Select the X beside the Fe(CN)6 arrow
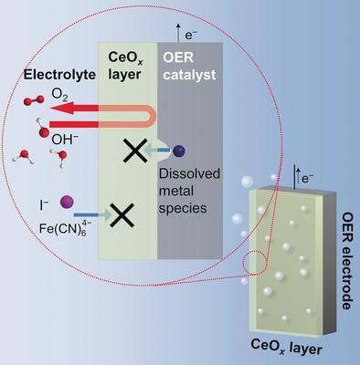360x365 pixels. coord(123,216)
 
